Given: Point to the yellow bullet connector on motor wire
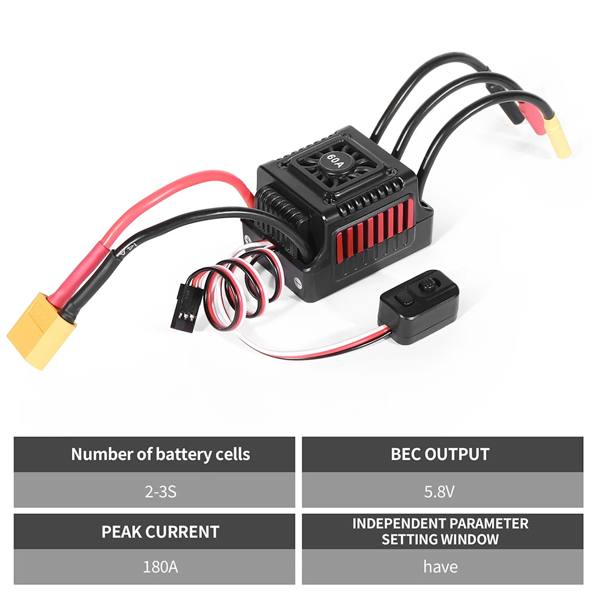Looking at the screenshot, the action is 558,137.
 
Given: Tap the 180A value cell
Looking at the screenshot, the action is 154,567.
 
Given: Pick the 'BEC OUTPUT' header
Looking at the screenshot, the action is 440,455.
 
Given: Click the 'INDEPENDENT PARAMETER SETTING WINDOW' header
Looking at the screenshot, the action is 440,531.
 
